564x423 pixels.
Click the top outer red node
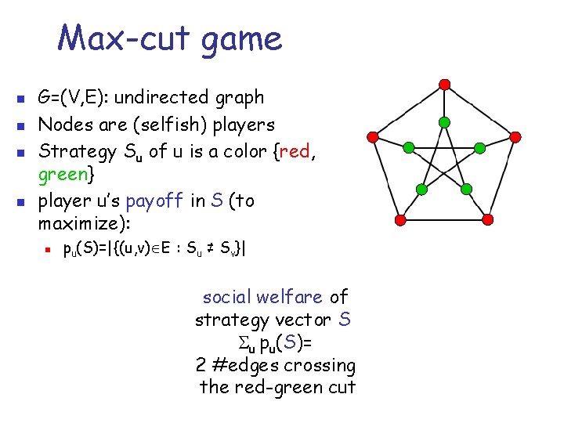click(444, 84)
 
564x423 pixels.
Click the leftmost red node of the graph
click(374, 136)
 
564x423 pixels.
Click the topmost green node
click(444, 122)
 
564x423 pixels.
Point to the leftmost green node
click(408, 147)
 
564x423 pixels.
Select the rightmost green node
click(481, 147)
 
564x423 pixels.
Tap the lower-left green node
click(421, 190)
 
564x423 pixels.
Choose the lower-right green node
click(467, 190)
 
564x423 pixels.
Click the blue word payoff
click(154, 201)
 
